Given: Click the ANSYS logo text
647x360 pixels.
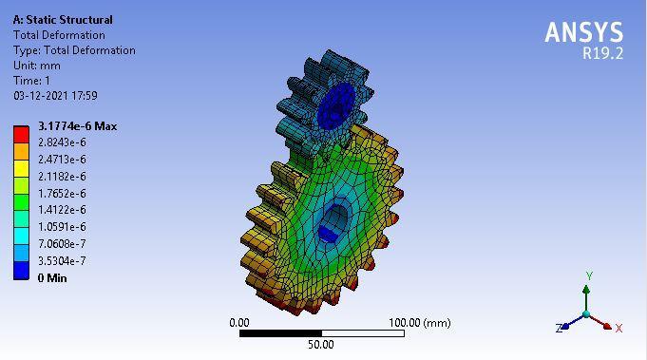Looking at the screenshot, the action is [x=584, y=31].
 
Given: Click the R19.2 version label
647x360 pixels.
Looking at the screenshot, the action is [x=602, y=53].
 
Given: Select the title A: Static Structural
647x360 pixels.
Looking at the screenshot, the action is [x=63, y=20].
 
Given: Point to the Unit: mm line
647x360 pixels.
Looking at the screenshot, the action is [x=37, y=66].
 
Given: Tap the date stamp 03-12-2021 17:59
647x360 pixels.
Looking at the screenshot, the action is [x=55, y=96].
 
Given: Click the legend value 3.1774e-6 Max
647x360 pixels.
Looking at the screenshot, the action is [x=78, y=126].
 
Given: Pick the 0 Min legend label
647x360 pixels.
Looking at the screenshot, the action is [x=52, y=278].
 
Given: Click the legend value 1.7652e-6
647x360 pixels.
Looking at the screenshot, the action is [x=62, y=194].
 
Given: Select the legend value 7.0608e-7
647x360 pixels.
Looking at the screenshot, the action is [x=62, y=244].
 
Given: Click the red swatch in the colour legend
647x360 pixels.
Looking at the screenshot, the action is [x=22, y=135].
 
